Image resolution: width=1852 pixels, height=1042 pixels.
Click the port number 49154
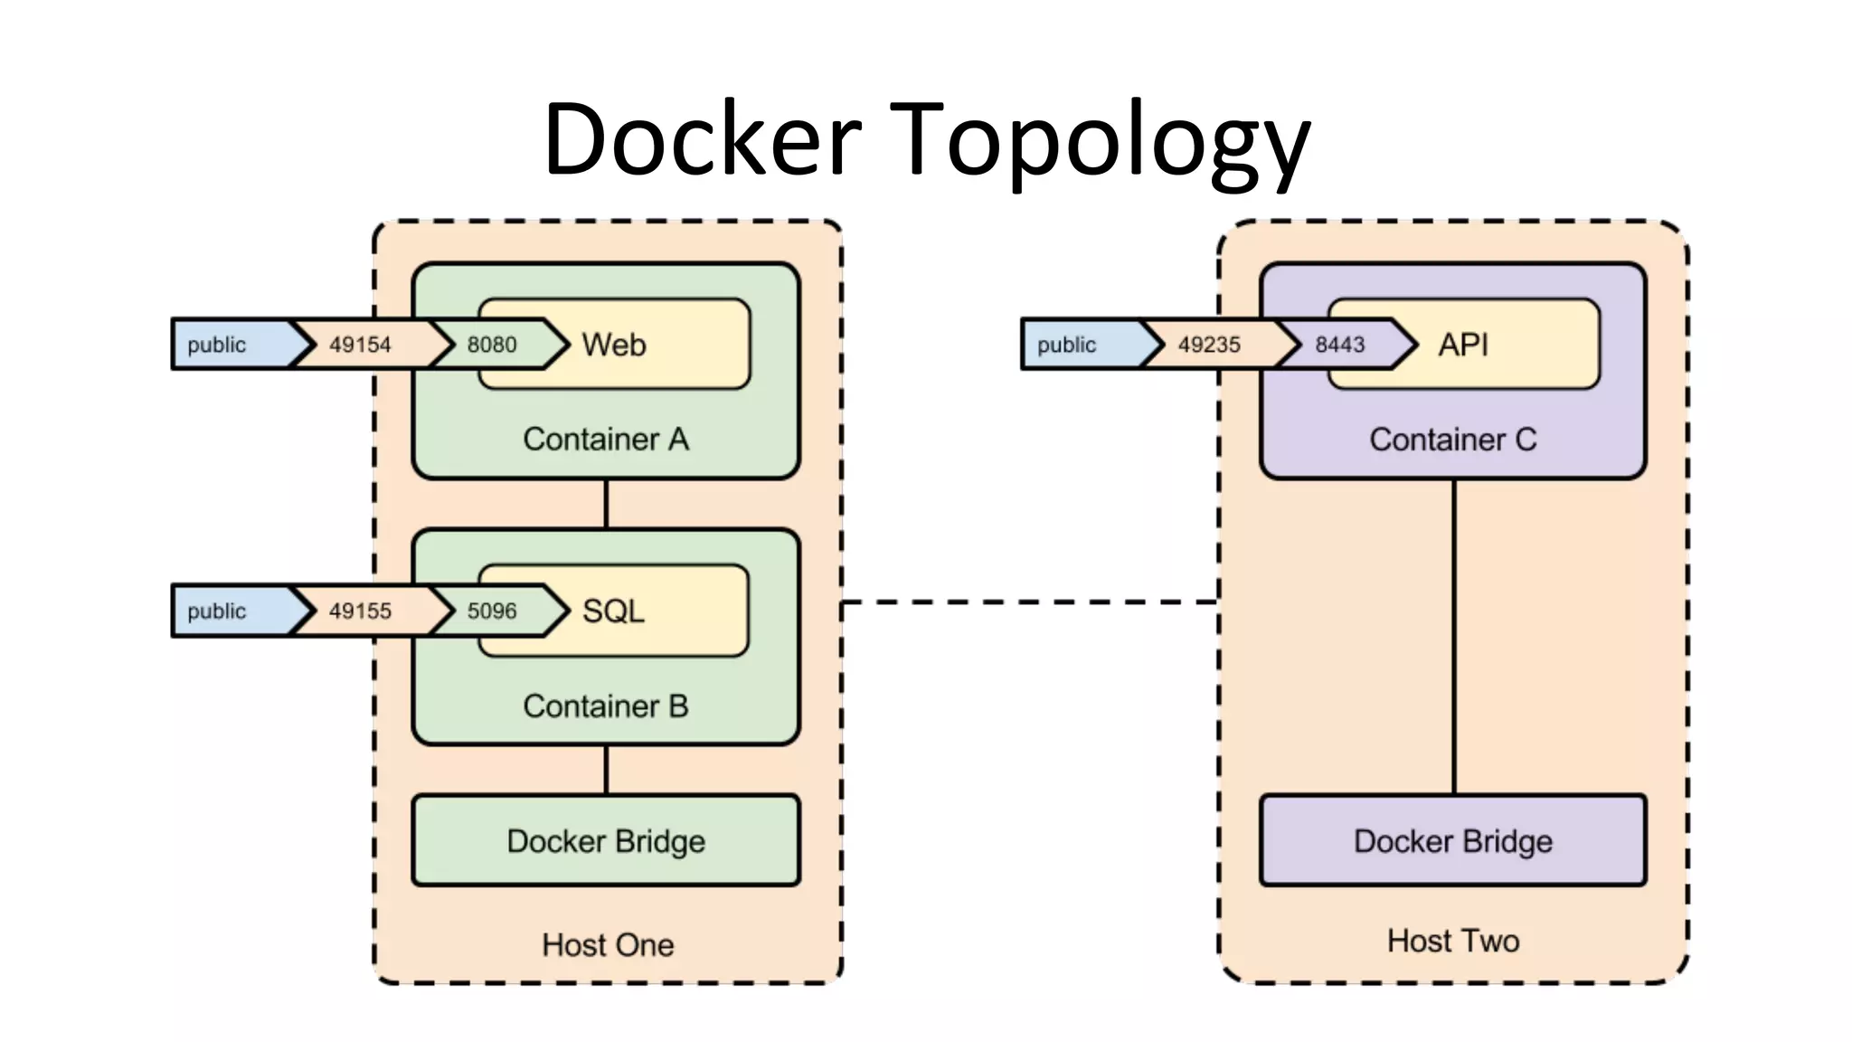coord(360,345)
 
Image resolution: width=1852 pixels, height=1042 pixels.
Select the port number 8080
coord(491,345)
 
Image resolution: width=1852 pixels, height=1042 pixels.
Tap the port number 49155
coord(360,611)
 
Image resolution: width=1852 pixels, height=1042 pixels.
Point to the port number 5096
coord(491,611)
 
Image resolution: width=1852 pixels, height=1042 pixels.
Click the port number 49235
coord(1209,345)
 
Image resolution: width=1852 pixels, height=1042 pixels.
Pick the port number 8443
coord(1339,345)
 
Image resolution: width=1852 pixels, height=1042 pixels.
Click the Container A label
coord(606,440)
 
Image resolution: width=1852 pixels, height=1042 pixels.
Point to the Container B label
coord(606,706)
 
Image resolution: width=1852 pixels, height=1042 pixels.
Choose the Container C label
coord(1453,440)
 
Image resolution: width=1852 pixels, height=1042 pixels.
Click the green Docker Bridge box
coord(606,841)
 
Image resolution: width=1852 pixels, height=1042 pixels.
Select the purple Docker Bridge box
coord(1453,841)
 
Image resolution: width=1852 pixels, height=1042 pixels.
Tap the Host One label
coord(608,945)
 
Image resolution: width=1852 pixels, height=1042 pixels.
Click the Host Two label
coord(1453,942)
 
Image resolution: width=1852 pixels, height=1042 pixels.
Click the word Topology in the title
coord(1100,140)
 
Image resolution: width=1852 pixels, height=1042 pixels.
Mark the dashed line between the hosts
coord(1031,602)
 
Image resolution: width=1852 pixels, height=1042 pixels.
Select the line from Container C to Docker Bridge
coord(1454,633)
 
